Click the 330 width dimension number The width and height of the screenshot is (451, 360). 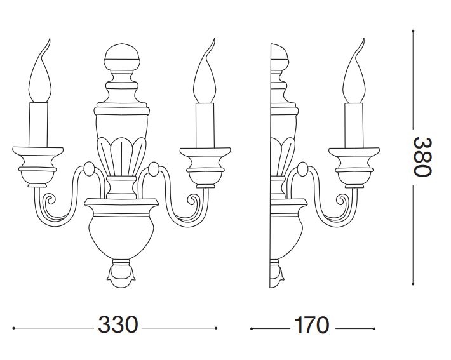pos(118,324)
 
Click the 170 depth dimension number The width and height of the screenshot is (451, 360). pos(312,325)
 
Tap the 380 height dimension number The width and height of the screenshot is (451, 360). pos(422,157)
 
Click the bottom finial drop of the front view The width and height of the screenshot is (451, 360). pos(121,273)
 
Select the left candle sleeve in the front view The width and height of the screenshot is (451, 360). pos(38,124)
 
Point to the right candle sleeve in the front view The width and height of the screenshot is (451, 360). pos(205,125)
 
